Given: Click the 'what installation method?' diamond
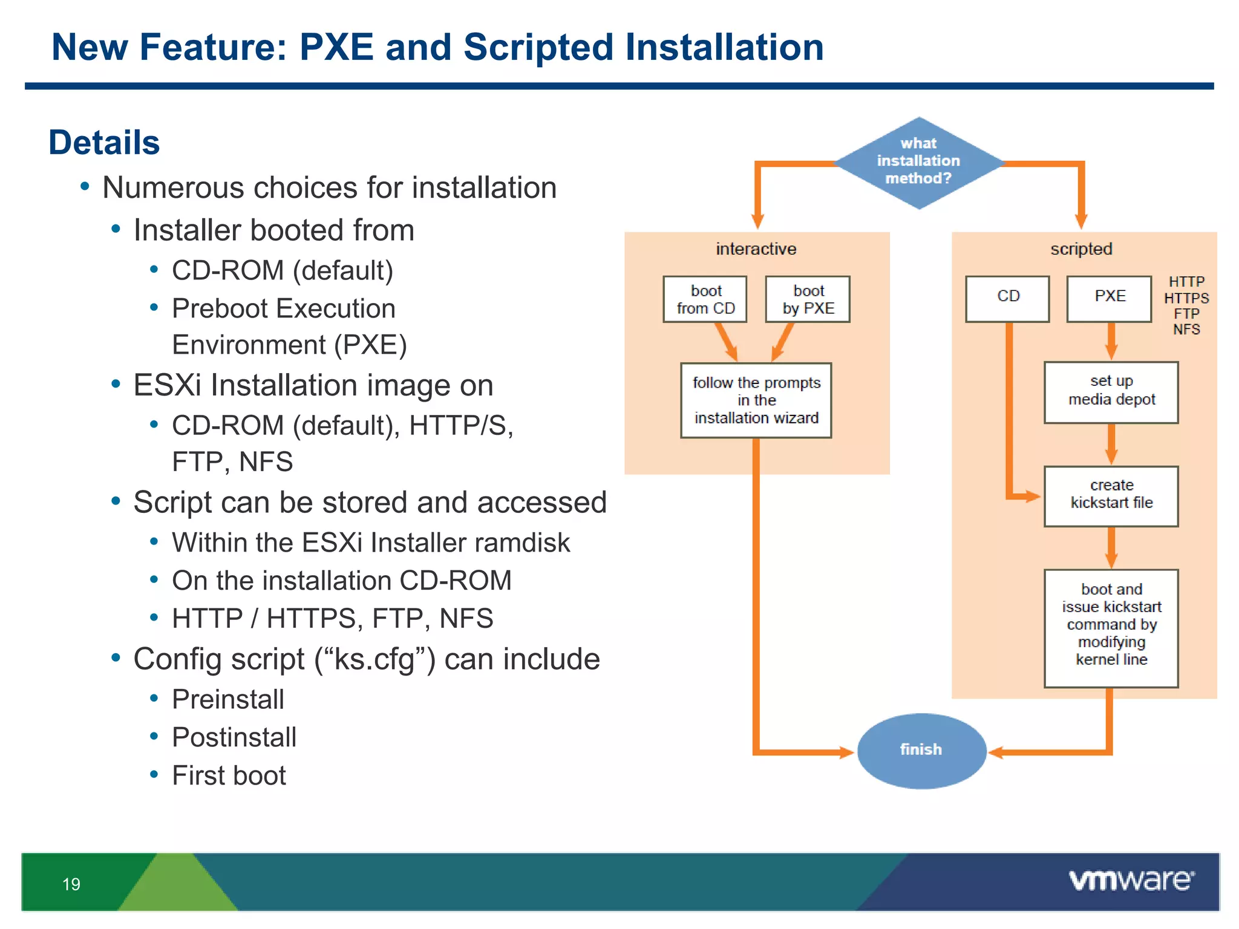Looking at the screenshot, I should tap(919, 162).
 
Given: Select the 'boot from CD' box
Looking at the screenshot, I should tap(705, 299).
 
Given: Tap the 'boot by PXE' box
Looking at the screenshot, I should tap(808, 299).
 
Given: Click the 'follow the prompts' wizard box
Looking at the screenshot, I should tap(756, 400).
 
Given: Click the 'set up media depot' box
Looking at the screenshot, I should tap(1111, 393).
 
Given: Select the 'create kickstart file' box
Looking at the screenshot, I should tap(1111, 496).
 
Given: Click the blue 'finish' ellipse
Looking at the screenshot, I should tap(921, 751).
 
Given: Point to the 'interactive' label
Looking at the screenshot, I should tap(756, 249).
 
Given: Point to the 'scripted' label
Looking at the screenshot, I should tap(1081, 249).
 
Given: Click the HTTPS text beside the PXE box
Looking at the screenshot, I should tap(1186, 298).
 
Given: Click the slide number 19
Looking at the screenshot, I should tap(71, 884).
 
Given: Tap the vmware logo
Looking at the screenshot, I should tap(1131, 880).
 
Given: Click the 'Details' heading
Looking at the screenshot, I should tap(104, 143).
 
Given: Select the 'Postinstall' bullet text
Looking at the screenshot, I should tap(234, 737).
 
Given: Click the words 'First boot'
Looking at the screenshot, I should tap(229, 775).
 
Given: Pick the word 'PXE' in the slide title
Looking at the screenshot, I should tap(336, 47).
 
